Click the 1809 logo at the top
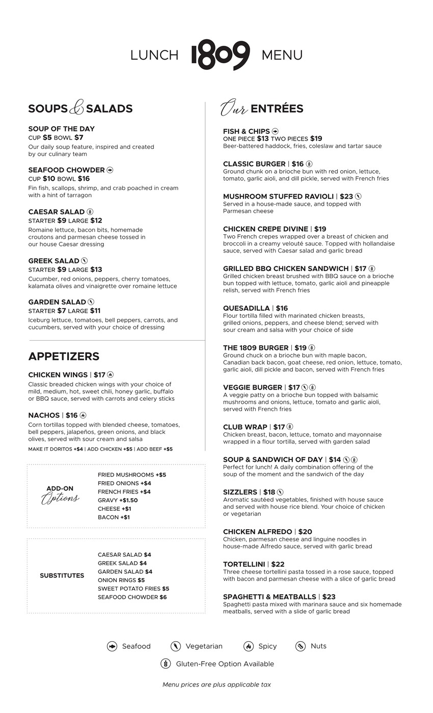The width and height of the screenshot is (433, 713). tap(221, 54)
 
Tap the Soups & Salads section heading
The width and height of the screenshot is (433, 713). tap(80, 108)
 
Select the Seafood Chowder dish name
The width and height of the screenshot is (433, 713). tap(66, 170)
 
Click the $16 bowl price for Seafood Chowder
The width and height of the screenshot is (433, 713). tap(84, 179)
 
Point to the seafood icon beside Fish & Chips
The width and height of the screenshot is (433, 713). tap(275, 131)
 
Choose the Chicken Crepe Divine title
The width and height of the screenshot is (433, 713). tap(265, 229)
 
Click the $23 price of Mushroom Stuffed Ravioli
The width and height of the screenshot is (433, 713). tap(346, 197)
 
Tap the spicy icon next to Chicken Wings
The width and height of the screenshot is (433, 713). tap(111, 375)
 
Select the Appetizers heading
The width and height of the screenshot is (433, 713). tap(64, 356)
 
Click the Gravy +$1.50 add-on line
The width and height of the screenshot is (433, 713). tap(118, 500)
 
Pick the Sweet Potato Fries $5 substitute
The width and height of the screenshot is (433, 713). tap(133, 589)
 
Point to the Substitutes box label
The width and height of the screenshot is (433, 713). tap(62, 575)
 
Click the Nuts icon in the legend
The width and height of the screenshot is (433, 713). tap(301, 646)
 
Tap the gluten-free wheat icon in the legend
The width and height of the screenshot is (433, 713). tap(166, 664)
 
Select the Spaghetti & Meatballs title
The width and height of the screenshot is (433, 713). tap(269, 597)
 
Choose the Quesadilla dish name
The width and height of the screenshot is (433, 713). tap(247, 309)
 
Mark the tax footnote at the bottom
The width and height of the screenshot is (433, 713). tap(216, 684)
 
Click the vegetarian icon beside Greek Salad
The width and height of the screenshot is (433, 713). tap(85, 261)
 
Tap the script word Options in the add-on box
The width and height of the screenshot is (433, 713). tap(60, 498)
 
